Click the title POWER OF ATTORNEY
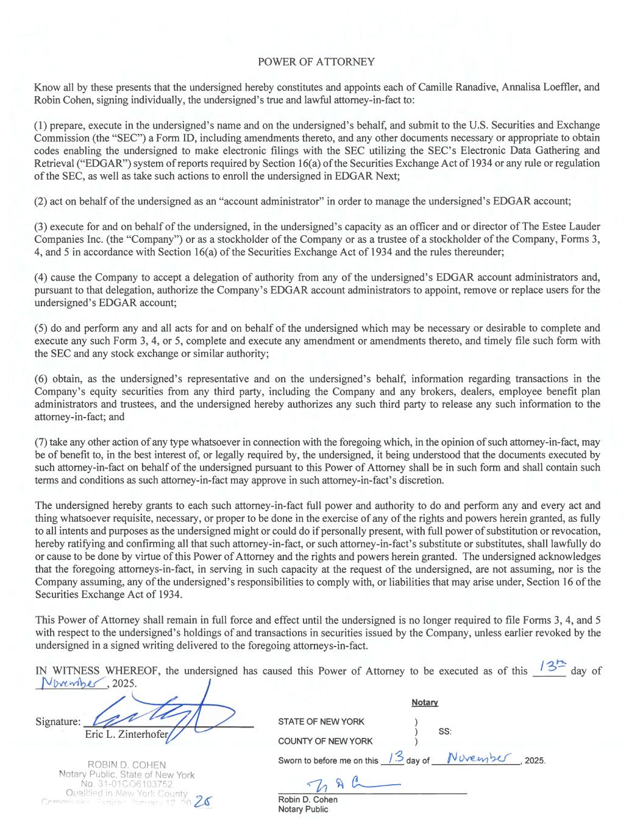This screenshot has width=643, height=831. click(316, 62)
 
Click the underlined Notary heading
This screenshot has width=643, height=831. click(424, 703)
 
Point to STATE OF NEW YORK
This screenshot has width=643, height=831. click(321, 722)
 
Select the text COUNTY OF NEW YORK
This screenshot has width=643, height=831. click(325, 741)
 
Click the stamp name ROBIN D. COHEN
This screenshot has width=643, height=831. click(127, 765)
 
